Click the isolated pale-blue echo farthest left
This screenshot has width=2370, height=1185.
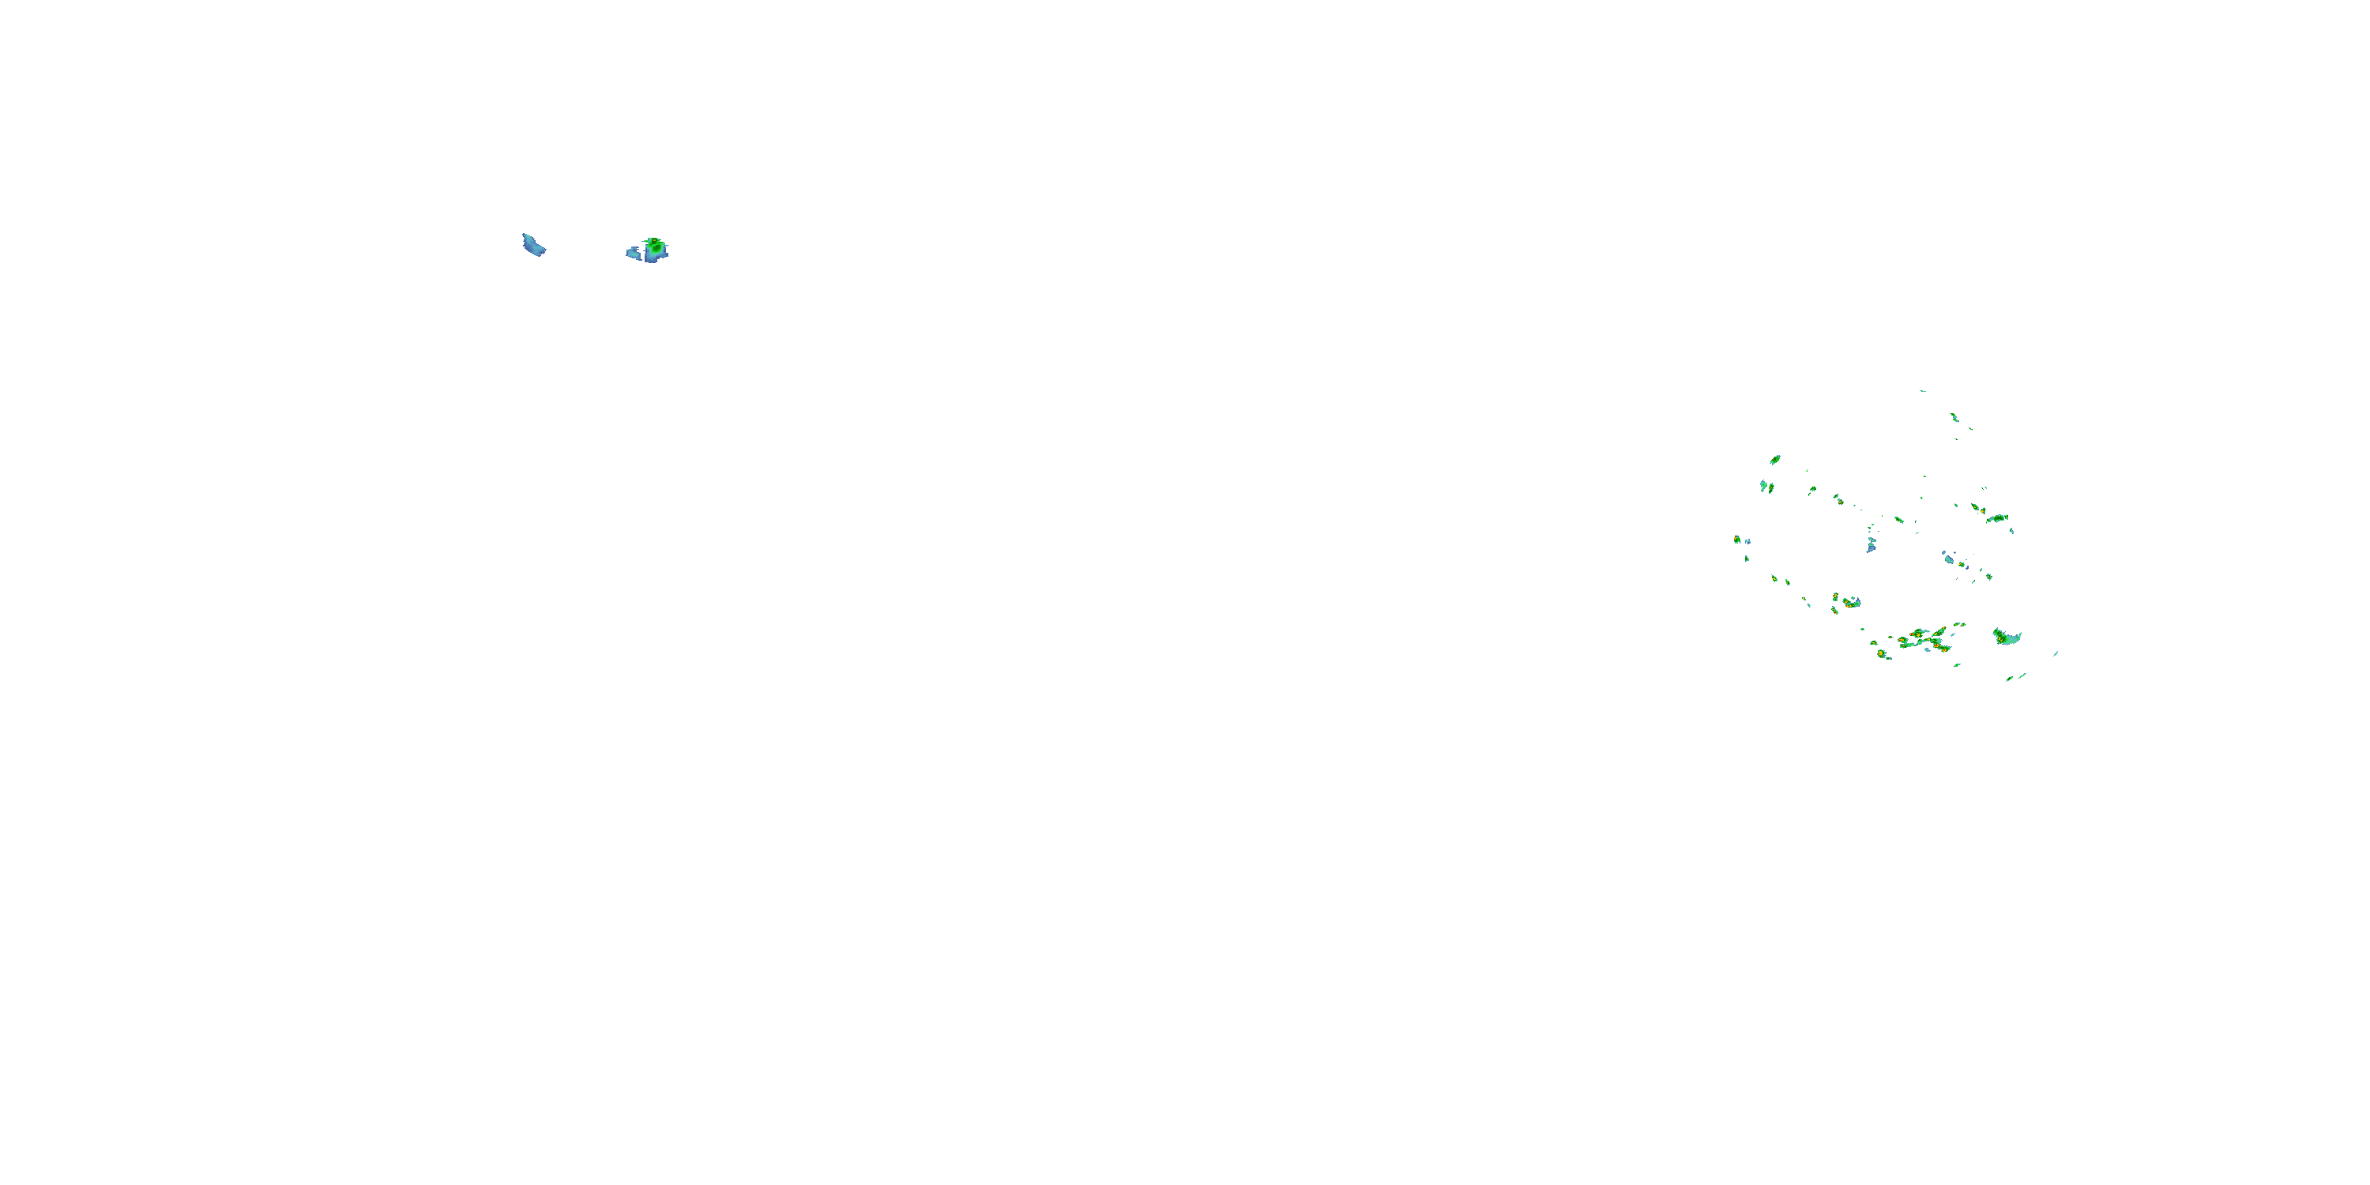click(x=532, y=246)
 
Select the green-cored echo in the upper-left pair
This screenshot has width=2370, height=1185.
click(x=655, y=246)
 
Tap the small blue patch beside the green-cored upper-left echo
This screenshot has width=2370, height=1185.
click(x=634, y=252)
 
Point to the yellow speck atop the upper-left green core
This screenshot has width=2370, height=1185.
click(x=653, y=240)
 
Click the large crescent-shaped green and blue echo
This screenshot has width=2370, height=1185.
click(x=2007, y=637)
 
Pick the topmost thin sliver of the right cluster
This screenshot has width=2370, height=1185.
click(x=1923, y=391)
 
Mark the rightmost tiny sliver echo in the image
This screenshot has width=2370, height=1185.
click(x=2056, y=653)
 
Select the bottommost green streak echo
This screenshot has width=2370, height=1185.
click(x=2011, y=678)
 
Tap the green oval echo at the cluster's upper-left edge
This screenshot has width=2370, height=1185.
click(x=1775, y=459)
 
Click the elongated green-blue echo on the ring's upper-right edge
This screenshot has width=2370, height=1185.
click(x=1996, y=519)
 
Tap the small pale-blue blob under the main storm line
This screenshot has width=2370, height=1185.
click(x=1928, y=649)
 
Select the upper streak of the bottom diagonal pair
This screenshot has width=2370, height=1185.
click(x=2022, y=675)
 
